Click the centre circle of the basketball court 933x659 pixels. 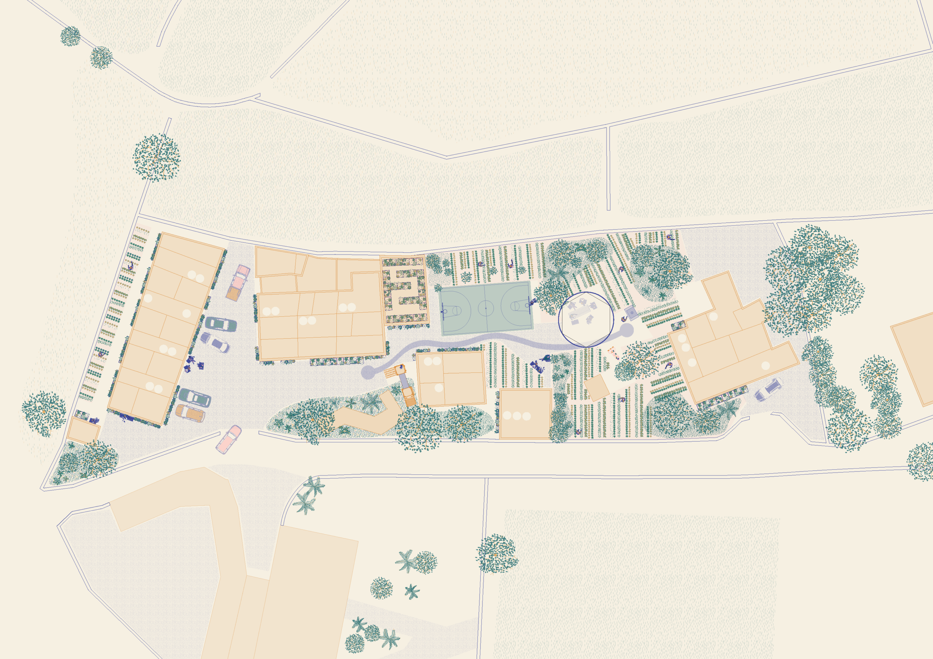coord(485,308)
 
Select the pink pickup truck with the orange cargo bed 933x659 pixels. coord(238,282)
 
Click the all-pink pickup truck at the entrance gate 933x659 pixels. coord(229,439)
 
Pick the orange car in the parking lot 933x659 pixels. coord(190,413)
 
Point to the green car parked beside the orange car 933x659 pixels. coord(195,398)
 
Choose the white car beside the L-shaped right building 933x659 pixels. coord(768,390)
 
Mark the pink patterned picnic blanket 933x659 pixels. coord(613,352)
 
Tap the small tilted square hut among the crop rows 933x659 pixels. coord(597,388)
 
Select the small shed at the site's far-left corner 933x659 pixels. coord(83,430)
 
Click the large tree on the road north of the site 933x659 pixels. coord(156,158)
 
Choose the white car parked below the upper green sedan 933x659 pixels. coord(215,342)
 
